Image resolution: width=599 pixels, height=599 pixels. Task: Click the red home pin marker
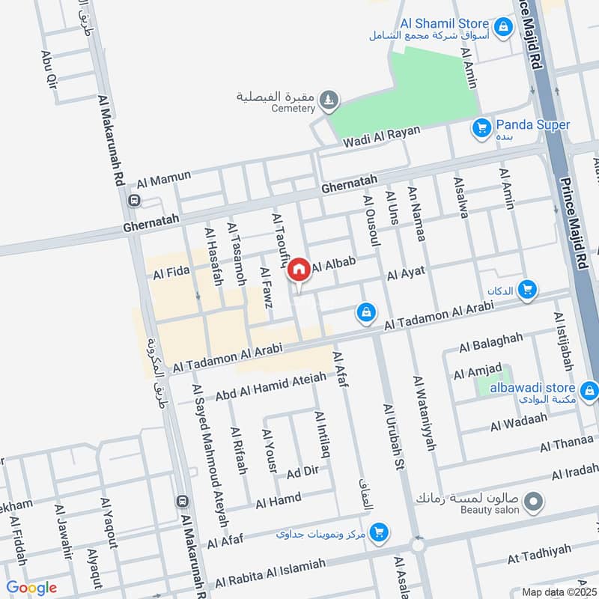pos(299,270)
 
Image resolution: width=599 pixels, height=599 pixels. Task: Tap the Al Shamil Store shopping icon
pos(504,28)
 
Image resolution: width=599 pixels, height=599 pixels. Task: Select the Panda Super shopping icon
pos(482,129)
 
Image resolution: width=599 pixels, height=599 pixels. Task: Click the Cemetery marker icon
pos(328,99)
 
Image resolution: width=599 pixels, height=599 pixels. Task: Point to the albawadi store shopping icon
pos(589,389)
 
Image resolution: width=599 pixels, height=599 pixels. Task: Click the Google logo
pos(31,588)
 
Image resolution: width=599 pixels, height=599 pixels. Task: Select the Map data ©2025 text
pos(558,592)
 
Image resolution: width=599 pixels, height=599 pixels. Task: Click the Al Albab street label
pos(333,264)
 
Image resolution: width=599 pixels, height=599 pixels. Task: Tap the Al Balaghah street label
pos(491,341)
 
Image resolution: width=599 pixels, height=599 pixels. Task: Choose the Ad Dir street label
pos(303,472)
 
